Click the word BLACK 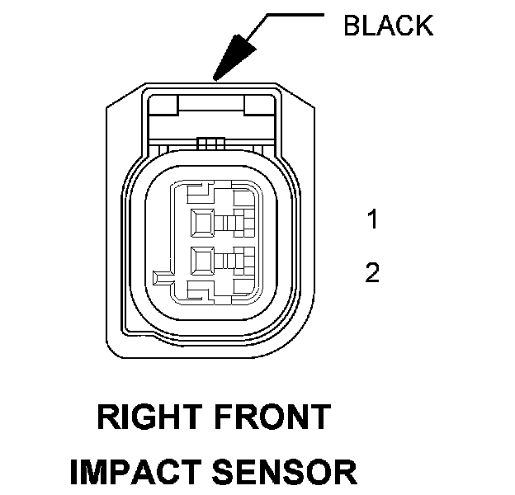pyautogui.click(x=387, y=26)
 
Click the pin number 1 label pyautogui.click(x=373, y=219)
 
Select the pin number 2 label pyautogui.click(x=372, y=273)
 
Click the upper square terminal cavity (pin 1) pyautogui.click(x=202, y=221)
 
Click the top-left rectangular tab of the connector pyautogui.click(x=163, y=105)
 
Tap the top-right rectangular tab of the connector pyautogui.click(x=258, y=105)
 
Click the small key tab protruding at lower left pyautogui.click(x=163, y=274)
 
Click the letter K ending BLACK pyautogui.click(x=423, y=26)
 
